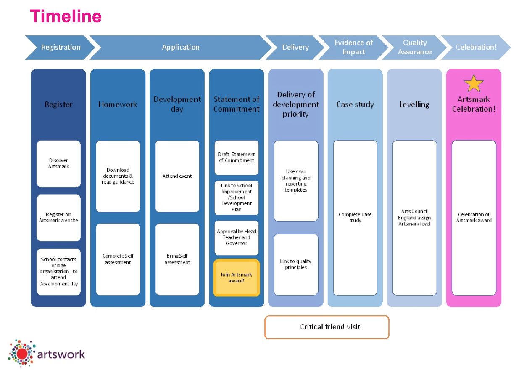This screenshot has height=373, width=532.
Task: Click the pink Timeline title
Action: coord(66,16)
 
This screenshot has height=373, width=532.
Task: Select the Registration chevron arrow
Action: coord(61,47)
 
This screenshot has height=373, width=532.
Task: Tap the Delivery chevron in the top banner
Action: coord(295,47)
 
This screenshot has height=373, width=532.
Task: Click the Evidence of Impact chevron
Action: coord(353,47)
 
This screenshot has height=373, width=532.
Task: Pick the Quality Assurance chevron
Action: coord(415,47)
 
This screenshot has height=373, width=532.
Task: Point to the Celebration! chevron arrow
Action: coord(476,47)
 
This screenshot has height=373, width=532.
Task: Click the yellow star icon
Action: coord(474,83)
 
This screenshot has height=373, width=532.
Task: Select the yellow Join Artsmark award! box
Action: coord(236,277)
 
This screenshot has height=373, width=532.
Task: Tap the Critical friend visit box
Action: coord(327,327)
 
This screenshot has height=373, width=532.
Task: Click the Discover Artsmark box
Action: coord(58,164)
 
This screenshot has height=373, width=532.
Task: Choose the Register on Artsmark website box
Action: coord(58,218)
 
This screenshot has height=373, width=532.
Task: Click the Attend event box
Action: coord(177,176)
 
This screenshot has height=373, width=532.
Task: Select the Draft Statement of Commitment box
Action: coord(236,157)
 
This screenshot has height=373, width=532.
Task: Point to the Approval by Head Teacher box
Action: coord(236,237)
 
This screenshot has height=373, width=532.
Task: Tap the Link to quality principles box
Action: coord(296,264)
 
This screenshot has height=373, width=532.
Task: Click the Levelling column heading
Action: coord(414,104)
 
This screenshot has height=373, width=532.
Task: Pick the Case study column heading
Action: coord(355,104)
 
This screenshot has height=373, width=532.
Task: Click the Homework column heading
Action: coord(118,104)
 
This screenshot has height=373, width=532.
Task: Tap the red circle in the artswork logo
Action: coord(23,354)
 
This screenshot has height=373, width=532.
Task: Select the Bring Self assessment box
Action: coord(177,259)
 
